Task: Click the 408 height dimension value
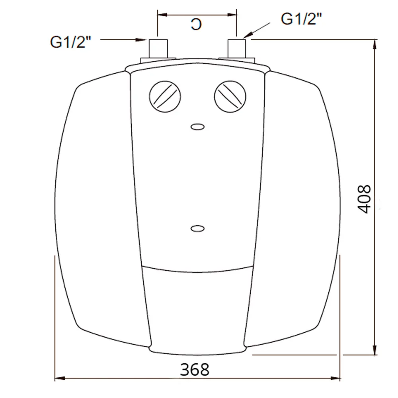pos(364,199)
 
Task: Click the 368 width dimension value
pos(195,370)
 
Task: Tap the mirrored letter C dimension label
pos(196,24)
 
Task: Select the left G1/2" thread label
pos(70,42)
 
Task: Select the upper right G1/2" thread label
pos(301,19)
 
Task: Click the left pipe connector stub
pos(158,49)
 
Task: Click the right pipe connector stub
pos(236,49)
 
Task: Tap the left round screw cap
pos(165,97)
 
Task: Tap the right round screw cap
pos(230,97)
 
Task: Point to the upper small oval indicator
pos(197,127)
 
